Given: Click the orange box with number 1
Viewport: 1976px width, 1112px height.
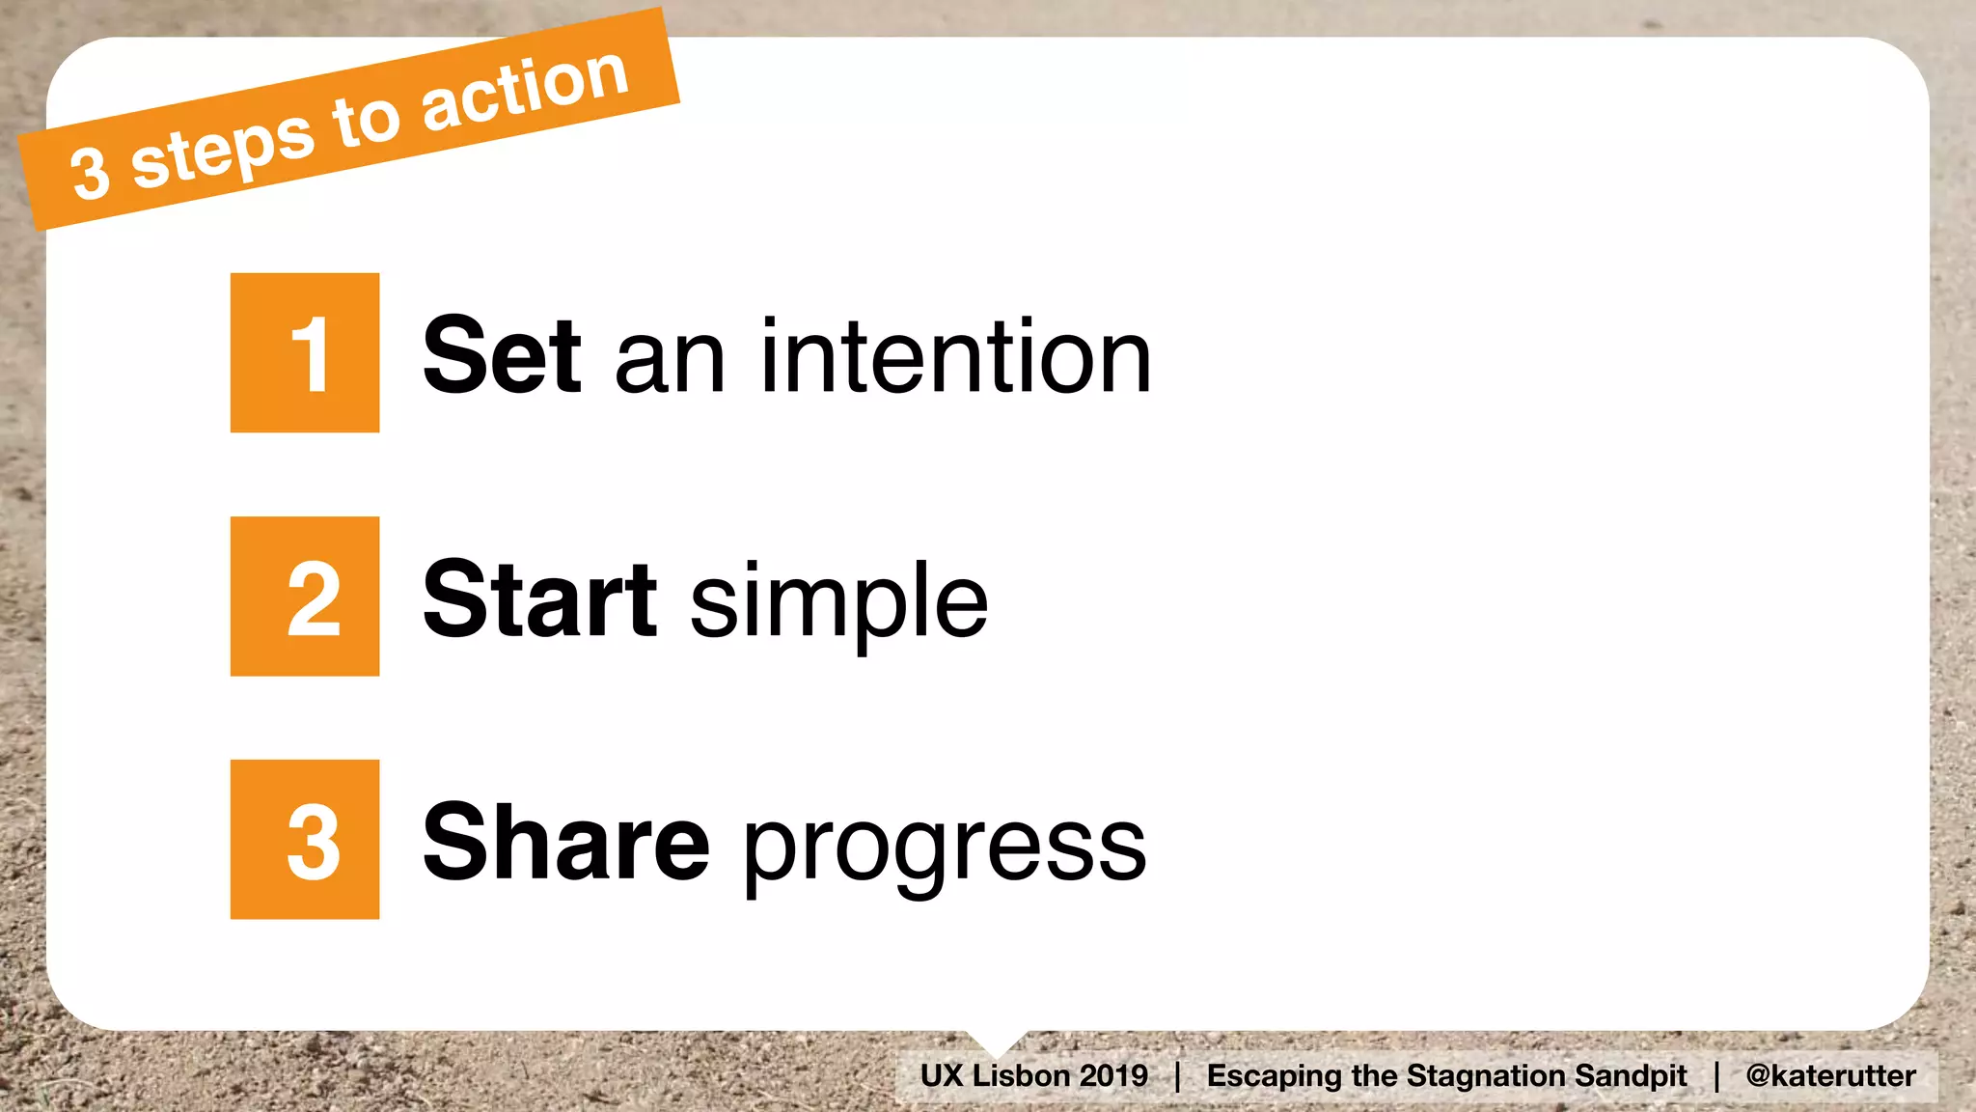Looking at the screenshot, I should pyautogui.click(x=305, y=353).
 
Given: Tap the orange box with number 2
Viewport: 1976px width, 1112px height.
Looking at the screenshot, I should pyautogui.click(x=305, y=597).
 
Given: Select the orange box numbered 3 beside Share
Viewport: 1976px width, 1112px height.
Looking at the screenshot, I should pyautogui.click(x=305, y=840).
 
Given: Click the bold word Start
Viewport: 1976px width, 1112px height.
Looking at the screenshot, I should pyautogui.click(x=540, y=599).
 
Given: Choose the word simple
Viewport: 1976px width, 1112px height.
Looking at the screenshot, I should pyautogui.click(x=838, y=603).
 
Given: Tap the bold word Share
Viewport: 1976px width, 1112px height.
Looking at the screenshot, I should pyautogui.click(x=566, y=843).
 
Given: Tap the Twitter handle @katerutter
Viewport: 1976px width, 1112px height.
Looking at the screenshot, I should pyautogui.click(x=1830, y=1075).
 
